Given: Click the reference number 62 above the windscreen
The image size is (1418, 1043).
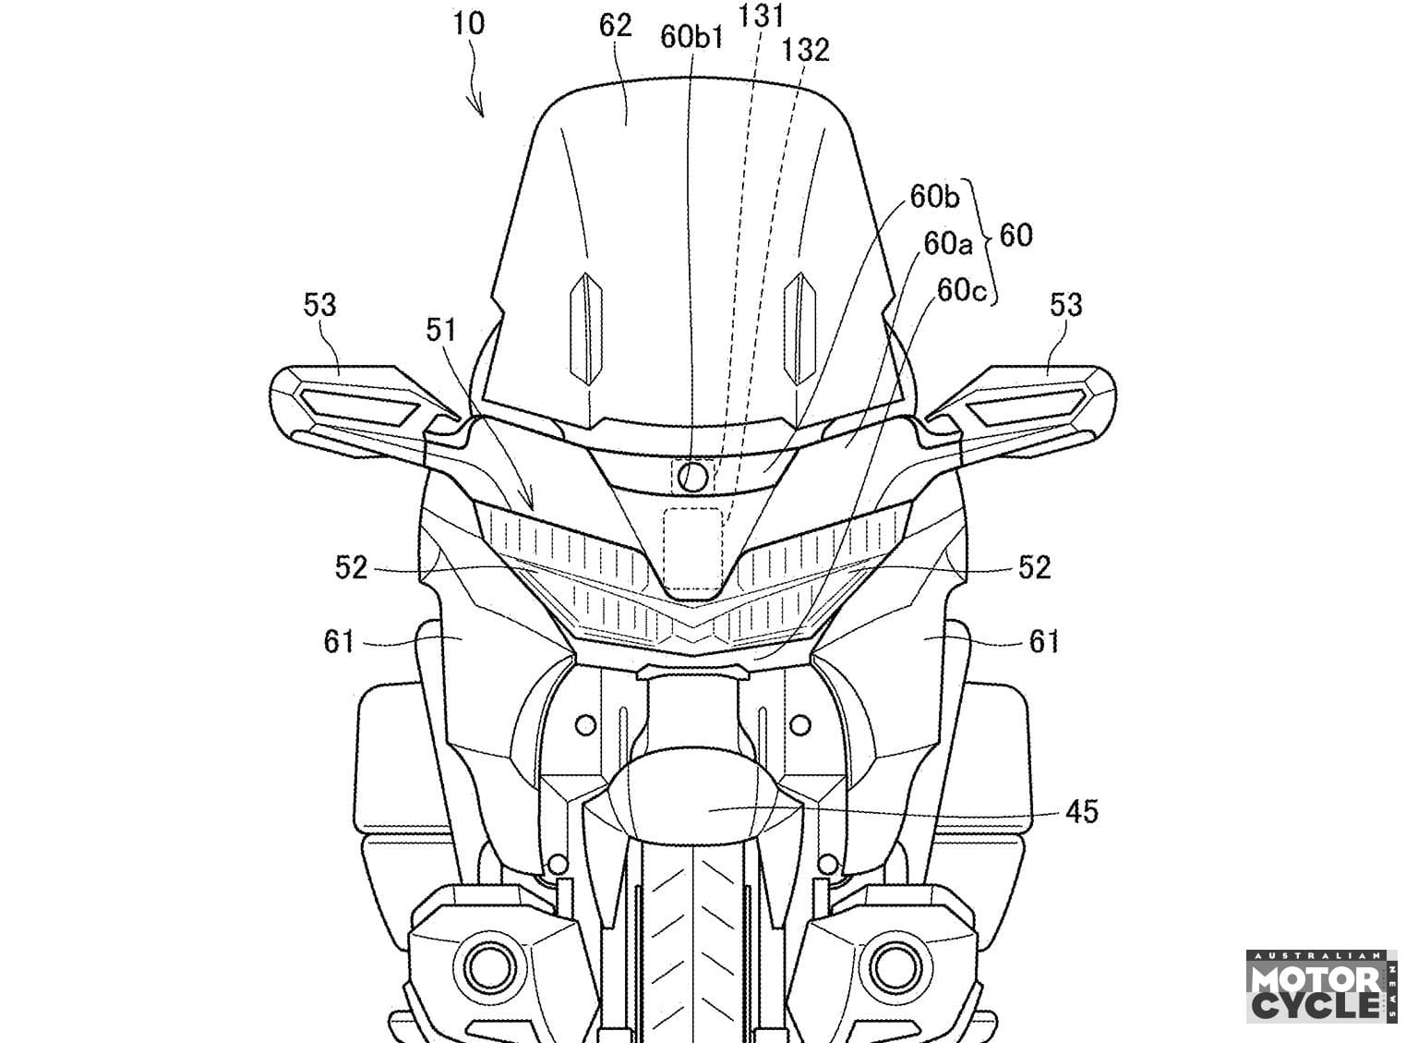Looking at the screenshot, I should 615,26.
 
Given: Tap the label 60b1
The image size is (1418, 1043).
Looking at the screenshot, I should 691,37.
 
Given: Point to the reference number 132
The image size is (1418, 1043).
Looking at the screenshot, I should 805,50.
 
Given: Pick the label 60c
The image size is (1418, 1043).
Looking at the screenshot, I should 962,290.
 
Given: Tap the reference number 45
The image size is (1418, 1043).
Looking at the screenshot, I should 1081,812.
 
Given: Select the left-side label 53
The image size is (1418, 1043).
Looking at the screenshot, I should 318,304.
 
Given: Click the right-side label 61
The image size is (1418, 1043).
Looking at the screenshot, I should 1043,640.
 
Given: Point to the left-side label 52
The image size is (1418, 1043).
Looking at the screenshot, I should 351,567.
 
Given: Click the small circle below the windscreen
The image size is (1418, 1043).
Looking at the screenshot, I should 691,477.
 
